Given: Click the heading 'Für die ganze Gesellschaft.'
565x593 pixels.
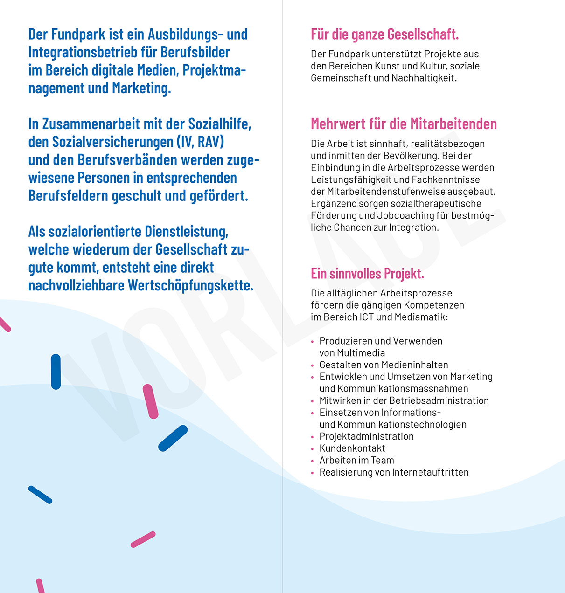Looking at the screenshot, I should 384,34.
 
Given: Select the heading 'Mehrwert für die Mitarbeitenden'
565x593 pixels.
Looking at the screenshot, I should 404,124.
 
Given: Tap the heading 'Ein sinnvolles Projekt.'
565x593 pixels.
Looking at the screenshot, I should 367,274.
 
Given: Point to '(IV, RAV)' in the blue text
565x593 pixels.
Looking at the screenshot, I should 200,142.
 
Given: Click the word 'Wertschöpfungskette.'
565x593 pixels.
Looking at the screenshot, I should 190,285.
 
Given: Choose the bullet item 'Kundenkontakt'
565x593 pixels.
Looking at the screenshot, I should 352,448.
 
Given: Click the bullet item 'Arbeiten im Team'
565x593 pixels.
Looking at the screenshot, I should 356,461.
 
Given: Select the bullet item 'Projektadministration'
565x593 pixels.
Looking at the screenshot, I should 366,436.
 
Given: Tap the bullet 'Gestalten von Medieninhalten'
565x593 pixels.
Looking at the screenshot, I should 384,365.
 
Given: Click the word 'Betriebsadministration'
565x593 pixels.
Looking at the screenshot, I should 439,400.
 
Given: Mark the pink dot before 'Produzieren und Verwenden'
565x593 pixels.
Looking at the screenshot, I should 312,342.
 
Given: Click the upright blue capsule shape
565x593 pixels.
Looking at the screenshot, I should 56,372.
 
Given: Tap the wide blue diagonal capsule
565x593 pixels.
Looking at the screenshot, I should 173,438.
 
